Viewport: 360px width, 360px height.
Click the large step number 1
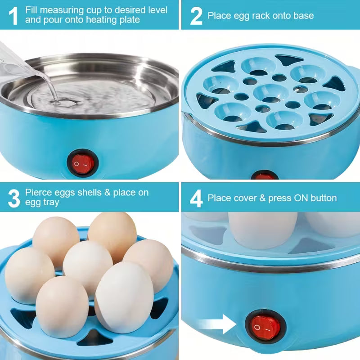[13, 15]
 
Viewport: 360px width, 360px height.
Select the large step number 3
[14, 198]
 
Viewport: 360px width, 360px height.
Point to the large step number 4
[196, 198]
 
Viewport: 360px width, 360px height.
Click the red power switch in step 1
[81, 163]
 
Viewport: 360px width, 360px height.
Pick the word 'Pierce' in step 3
[39, 193]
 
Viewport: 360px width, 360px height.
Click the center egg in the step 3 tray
[87, 261]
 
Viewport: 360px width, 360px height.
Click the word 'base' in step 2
[303, 16]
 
